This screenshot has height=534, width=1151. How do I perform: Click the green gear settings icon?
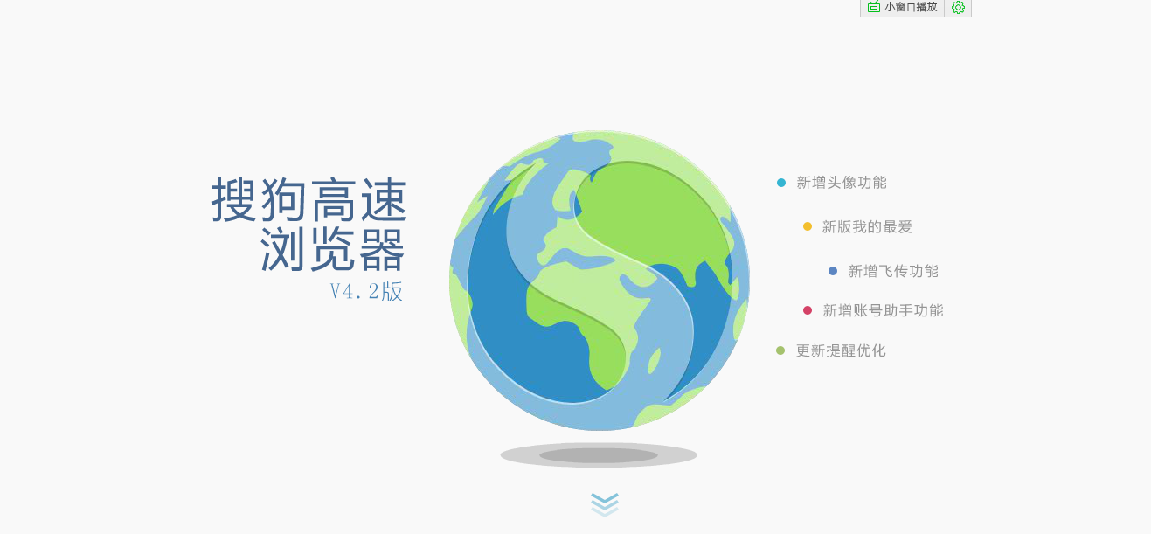[x=958, y=7]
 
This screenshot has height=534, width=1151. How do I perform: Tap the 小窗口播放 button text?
[x=911, y=7]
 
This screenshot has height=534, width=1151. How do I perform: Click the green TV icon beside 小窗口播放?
[x=874, y=7]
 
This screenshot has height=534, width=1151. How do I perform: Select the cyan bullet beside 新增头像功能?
[x=781, y=183]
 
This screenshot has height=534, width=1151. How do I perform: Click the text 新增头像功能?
[x=842, y=183]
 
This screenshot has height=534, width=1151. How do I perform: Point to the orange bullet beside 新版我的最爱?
[x=808, y=226]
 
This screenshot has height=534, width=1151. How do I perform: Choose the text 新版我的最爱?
[x=867, y=226]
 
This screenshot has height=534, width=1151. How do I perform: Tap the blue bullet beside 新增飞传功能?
[x=833, y=271]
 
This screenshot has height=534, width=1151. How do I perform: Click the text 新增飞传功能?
[x=893, y=271]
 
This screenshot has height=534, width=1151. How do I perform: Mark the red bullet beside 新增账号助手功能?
[x=808, y=310]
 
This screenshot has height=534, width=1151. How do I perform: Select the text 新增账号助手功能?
[x=883, y=310]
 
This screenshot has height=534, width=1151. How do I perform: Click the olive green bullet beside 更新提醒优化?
[x=780, y=350]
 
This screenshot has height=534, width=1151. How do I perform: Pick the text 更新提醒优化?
[x=841, y=350]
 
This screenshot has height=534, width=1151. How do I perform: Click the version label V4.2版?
[x=366, y=291]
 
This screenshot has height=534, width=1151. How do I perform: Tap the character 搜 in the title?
[x=233, y=199]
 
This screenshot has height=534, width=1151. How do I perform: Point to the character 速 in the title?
[x=384, y=199]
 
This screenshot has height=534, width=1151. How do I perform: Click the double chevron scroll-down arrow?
[x=605, y=504]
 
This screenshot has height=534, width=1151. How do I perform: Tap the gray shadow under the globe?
[x=599, y=454]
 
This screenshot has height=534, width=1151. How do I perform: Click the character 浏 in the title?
[x=282, y=249]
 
